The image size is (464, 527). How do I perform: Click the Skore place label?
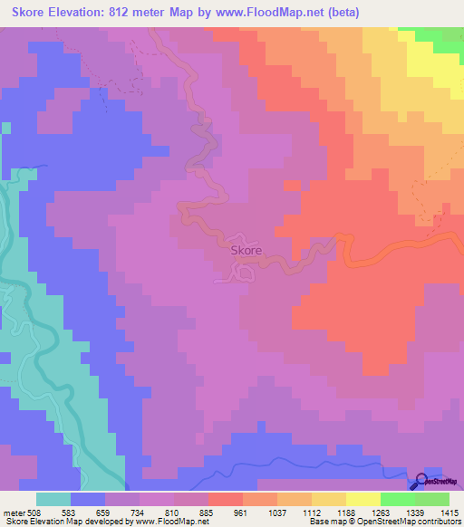pyautogui.click(x=246, y=250)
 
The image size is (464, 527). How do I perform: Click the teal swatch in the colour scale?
pyautogui.click(x=53, y=499)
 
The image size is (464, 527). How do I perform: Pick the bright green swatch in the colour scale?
pyautogui.click(x=397, y=499)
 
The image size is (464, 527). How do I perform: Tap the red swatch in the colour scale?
pyautogui.click(x=225, y=499)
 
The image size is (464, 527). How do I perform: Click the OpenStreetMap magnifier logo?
pyautogui.click(x=422, y=483)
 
